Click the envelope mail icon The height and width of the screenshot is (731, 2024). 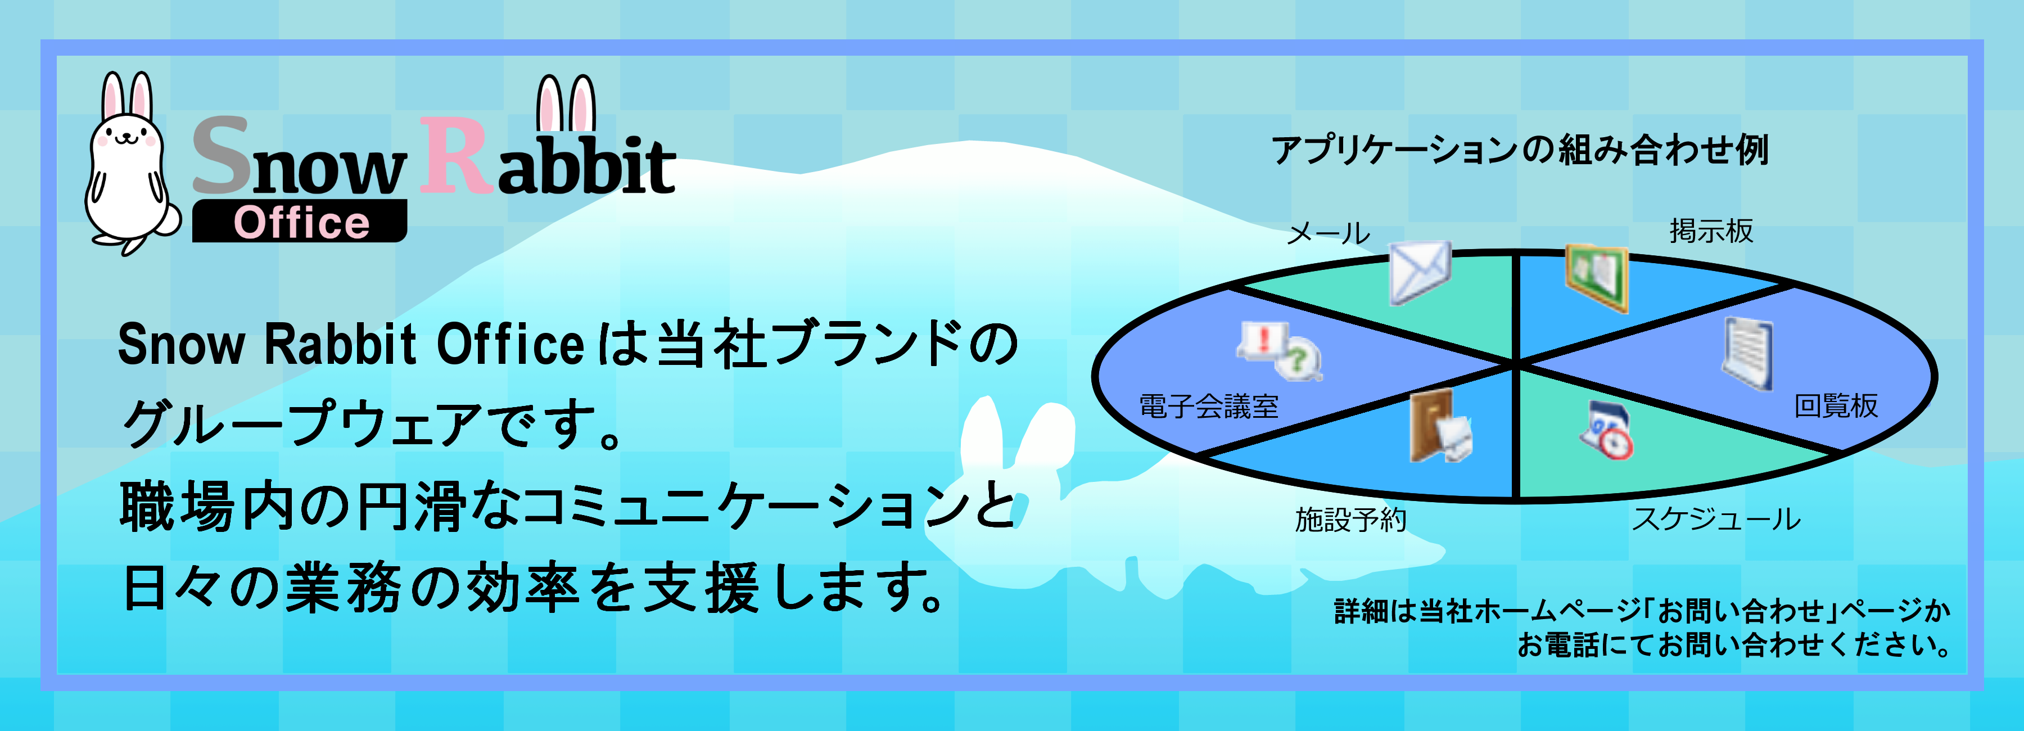(x=1419, y=272)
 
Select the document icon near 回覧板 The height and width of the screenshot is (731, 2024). (x=1747, y=353)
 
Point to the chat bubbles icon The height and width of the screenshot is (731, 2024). (x=1279, y=350)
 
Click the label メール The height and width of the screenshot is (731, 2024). (x=1328, y=233)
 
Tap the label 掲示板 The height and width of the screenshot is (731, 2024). (x=1711, y=231)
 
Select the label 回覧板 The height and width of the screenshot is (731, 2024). (x=1836, y=405)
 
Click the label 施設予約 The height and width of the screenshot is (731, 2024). (x=1350, y=520)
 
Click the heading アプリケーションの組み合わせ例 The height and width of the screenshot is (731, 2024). (x=1520, y=150)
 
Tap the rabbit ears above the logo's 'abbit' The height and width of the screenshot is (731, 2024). (x=566, y=103)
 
